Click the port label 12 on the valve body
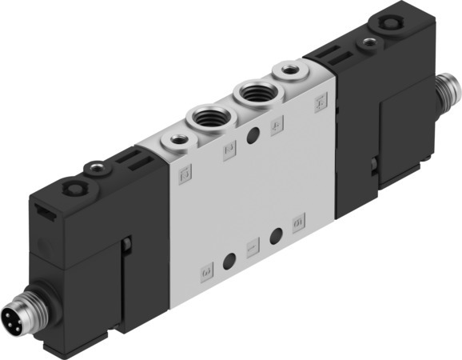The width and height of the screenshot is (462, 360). click(x=184, y=170)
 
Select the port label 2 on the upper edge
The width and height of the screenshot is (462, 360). click(x=229, y=148)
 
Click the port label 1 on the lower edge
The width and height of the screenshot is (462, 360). click(x=252, y=249)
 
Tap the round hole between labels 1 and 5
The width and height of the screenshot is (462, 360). click(x=277, y=235)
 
